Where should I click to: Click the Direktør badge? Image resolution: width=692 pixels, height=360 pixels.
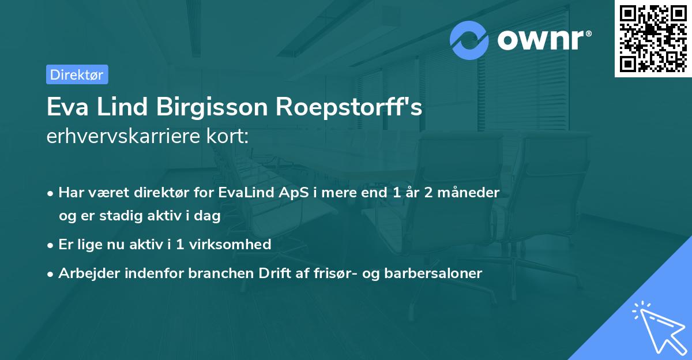pyautogui.click(x=77, y=74)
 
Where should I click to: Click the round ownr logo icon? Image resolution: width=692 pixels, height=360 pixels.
pyautogui.click(x=469, y=40)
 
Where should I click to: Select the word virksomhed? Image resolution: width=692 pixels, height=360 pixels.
pyautogui.click(x=235, y=245)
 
